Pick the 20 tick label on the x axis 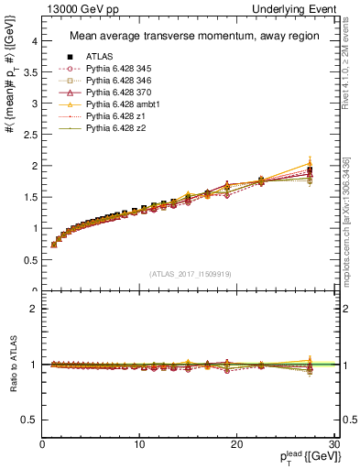pyautogui.click(x=235, y=444)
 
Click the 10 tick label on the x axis pyautogui.click(x=139, y=444)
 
